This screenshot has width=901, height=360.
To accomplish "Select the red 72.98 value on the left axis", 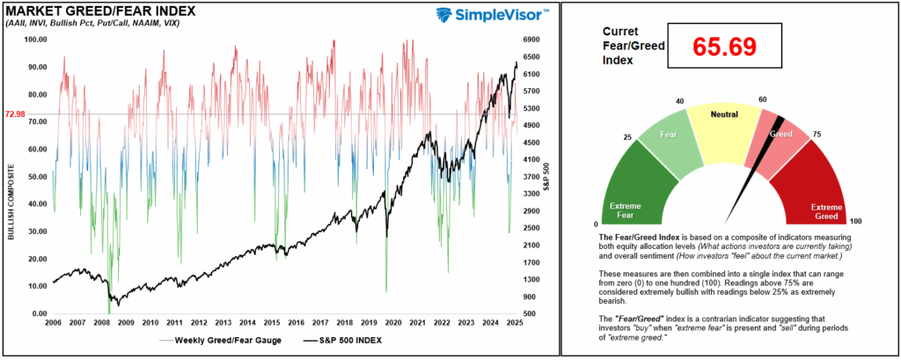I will pyautogui.click(x=15, y=114).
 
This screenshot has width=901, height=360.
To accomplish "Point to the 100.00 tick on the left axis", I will pyautogui.click(x=35, y=40).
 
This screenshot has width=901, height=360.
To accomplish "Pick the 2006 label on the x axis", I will pyautogui.click(x=53, y=323).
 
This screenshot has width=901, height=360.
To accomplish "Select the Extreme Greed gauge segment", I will pyautogui.click(x=819, y=189).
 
